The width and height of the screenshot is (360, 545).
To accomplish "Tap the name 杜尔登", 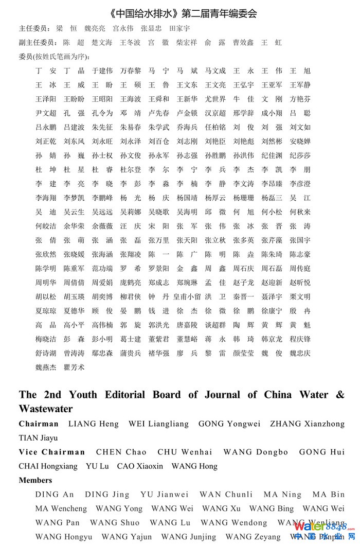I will (131, 170).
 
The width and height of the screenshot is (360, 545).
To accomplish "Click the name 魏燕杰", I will (46, 367).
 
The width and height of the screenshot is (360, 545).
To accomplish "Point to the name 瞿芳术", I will (74, 367).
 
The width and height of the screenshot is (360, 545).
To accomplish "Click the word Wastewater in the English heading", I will (46, 409).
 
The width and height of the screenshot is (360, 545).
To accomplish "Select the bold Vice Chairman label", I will (52, 452).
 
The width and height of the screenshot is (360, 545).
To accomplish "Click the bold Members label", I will (35, 481).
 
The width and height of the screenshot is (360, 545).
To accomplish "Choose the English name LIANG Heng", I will (94, 424).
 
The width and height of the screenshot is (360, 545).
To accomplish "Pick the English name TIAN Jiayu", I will (39, 438).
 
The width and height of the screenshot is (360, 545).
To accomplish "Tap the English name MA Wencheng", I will (61, 509).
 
